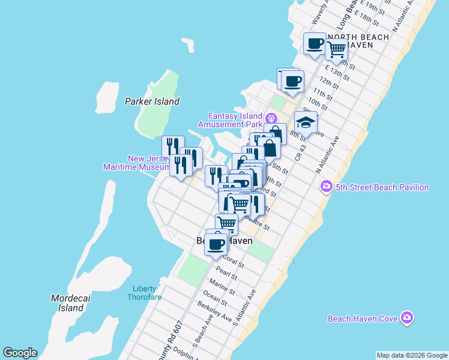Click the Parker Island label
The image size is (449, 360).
click(152, 101)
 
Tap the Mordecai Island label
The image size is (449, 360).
click(67, 303)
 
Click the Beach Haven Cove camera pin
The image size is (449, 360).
click(408, 317)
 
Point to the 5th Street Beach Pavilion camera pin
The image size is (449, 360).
click(327, 186)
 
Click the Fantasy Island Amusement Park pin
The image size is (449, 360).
click(271, 118)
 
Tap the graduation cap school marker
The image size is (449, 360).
click(306, 122)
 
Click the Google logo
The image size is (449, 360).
click(20, 353)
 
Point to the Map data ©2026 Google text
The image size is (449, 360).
click(411, 355)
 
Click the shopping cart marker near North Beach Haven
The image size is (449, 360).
click(336, 50)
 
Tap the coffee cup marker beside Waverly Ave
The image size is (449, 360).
click(315, 44)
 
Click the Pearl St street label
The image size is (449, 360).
click(226, 272)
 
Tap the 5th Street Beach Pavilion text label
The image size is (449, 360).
click(382, 187)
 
